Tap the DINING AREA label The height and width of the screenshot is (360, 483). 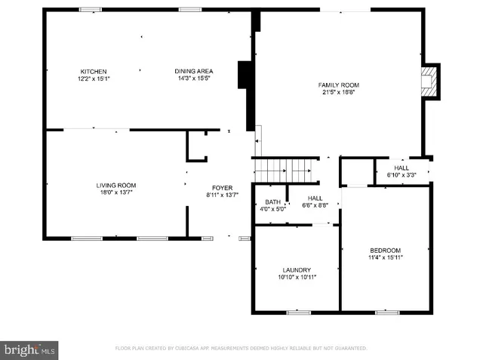[194, 72]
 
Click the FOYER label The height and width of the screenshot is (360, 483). [222, 187]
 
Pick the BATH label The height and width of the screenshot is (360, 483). [272, 202]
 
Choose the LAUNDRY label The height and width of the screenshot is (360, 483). [297, 269]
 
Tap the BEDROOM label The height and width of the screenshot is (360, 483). [385, 251]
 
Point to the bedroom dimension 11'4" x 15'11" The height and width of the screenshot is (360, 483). [385, 257]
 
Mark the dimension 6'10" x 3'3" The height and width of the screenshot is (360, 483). [401, 174]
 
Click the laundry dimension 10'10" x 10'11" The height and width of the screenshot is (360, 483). [297, 277]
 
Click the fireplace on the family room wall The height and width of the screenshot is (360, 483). [429, 81]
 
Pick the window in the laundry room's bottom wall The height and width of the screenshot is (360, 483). [299, 312]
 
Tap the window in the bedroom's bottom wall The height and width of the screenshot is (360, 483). [387, 312]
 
